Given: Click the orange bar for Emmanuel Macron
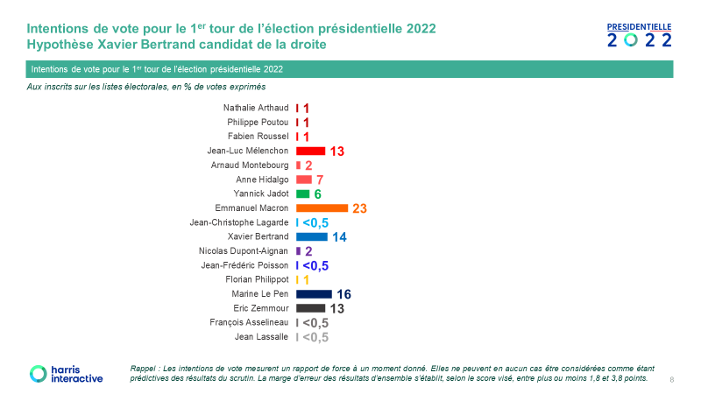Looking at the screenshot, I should pyautogui.click(x=322, y=208).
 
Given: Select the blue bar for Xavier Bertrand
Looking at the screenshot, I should pyautogui.click(x=312, y=236).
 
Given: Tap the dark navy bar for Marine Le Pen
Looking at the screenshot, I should pyautogui.click(x=314, y=294).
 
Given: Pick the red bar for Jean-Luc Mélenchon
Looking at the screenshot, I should pyautogui.click(x=310, y=151).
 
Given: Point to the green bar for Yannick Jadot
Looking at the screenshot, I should pyautogui.click(x=303, y=193).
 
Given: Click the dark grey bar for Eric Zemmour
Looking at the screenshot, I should pyautogui.click(x=310, y=308).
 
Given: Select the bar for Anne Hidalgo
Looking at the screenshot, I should pyautogui.click(x=304, y=179).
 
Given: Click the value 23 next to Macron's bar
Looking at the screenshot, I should pyautogui.click(x=359, y=208).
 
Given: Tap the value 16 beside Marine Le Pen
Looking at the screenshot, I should pyautogui.click(x=343, y=294).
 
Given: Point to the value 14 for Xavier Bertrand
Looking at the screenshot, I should pyautogui.click(x=339, y=236).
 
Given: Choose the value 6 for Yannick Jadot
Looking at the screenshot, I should pyautogui.click(x=318, y=193).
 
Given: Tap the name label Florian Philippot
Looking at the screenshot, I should pyautogui.click(x=258, y=279).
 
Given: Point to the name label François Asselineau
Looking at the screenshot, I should pyautogui.click(x=250, y=322).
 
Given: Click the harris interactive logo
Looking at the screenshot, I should pyautogui.click(x=66, y=374).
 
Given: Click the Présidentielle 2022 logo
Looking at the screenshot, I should pyautogui.click(x=640, y=35).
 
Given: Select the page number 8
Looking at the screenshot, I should pyautogui.click(x=671, y=380).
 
